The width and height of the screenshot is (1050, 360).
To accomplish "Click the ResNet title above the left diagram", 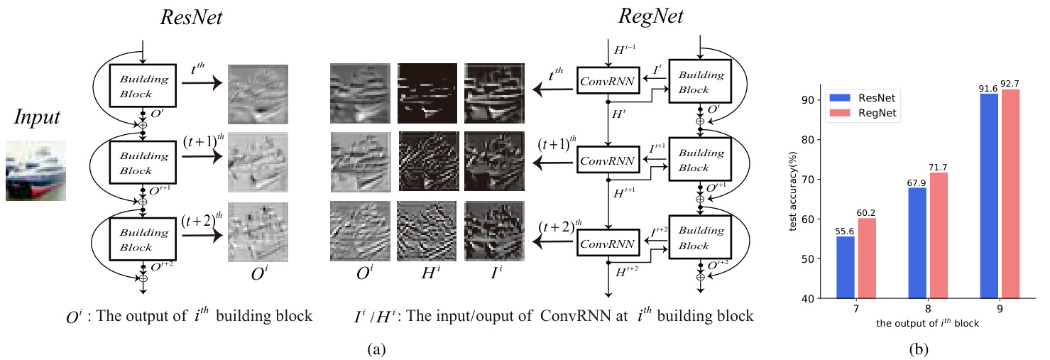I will coord(191,19).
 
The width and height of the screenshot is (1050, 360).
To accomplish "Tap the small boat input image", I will coord(36,170).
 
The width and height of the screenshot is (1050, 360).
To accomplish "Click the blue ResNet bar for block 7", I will coord(846,267).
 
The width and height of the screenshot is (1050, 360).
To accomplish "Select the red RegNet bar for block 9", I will coord(1010,194).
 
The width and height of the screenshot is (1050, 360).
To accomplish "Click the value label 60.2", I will coord(865,212).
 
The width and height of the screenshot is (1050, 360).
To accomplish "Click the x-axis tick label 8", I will coord(928,310).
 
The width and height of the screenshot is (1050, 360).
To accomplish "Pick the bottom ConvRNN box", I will coord(608,243).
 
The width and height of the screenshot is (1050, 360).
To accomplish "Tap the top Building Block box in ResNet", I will coord(143,84).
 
